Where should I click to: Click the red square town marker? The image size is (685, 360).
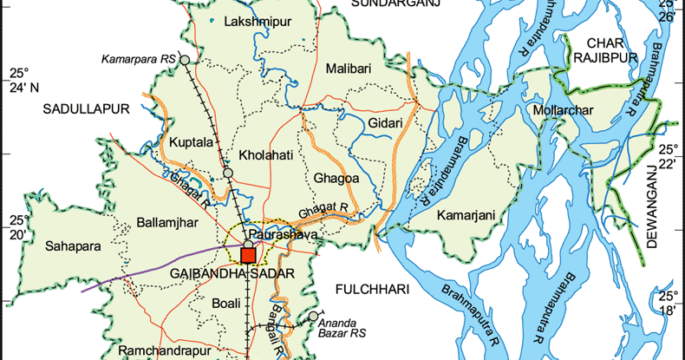[249, 255]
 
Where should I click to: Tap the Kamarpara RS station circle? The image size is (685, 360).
[184, 59]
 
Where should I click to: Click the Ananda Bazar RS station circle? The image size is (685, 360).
[313, 317]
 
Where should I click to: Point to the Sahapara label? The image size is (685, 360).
[73, 246]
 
